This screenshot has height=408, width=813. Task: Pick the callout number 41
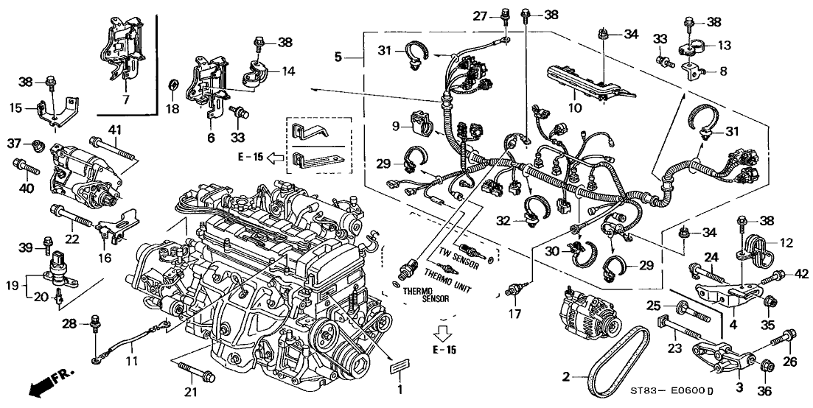tap(114, 131)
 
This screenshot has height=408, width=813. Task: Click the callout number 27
tap(481, 15)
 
